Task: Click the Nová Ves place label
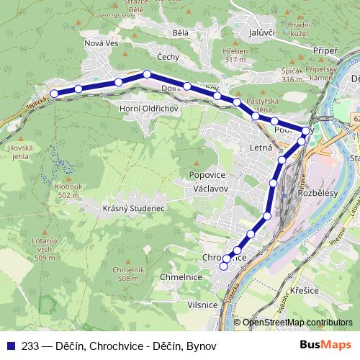(x=102, y=43)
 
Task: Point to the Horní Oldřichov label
(x=148, y=108)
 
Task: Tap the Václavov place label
(x=211, y=188)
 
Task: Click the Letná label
(x=259, y=148)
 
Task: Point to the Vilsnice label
(x=202, y=305)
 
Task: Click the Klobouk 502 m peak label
(x=67, y=191)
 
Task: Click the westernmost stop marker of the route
(x=53, y=94)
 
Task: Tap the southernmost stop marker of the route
(x=223, y=266)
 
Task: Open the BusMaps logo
(x=325, y=345)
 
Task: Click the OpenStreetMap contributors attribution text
(x=297, y=323)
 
